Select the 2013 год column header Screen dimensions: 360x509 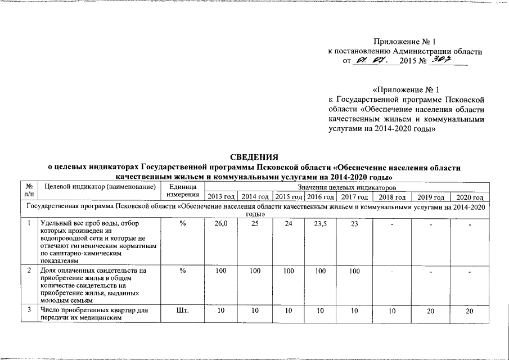coord(220,197)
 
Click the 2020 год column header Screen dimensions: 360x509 coord(470,197)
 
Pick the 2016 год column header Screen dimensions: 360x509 coord(321,197)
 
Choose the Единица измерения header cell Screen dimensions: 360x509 coord(182,191)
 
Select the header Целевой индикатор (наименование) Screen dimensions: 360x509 coord(98,186)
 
